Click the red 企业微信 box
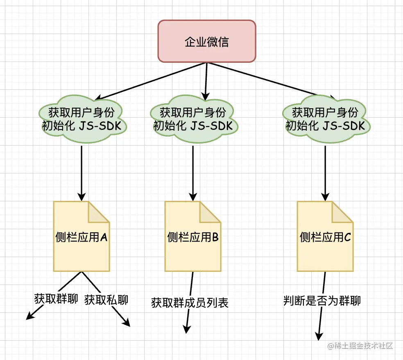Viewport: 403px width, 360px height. (207, 41)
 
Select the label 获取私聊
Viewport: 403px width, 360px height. (106, 300)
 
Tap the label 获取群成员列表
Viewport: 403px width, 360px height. (190, 303)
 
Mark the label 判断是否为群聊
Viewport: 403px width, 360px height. (322, 301)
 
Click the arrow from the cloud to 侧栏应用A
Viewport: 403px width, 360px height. (82, 172)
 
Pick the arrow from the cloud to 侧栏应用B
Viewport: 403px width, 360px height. (193, 172)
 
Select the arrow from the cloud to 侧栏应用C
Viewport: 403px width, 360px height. (325, 172)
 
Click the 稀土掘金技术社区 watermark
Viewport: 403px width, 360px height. (360, 346)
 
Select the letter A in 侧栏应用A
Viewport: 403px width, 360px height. (104, 237)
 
